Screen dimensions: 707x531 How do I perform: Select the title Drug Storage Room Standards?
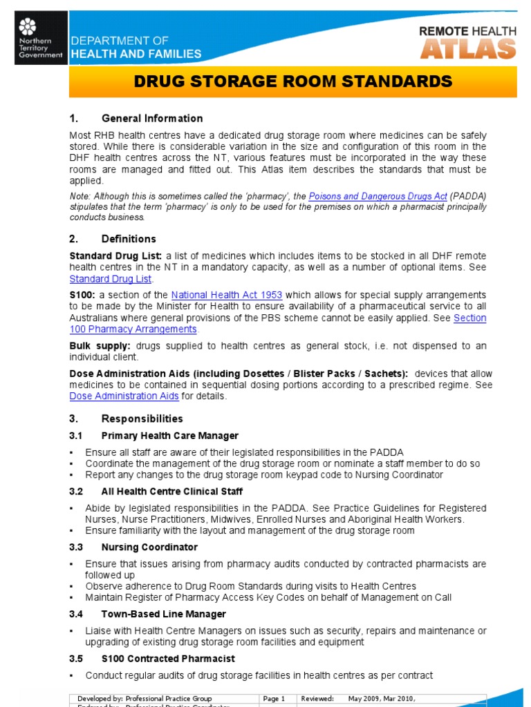pyautogui.click(x=292, y=82)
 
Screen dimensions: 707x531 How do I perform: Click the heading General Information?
pyautogui.click(x=152, y=118)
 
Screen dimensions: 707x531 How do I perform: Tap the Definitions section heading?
pyautogui.click(x=129, y=239)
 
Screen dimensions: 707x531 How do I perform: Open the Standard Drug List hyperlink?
pyautogui.click(x=110, y=279)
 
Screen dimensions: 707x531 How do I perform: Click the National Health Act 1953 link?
pyautogui.click(x=226, y=296)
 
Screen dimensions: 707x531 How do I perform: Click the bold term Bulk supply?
pyautogui.click(x=101, y=345)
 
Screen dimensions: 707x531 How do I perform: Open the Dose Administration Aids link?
pyautogui.click(x=124, y=396)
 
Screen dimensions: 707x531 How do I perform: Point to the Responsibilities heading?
pyautogui.click(x=142, y=418)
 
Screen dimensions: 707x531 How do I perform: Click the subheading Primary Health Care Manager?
pyautogui.click(x=169, y=436)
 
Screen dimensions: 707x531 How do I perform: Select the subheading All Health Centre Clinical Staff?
pyautogui.click(x=171, y=492)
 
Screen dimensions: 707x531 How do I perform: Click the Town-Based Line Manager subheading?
pyautogui.click(x=163, y=614)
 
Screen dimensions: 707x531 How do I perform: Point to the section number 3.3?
pyautogui.click(x=76, y=547)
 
